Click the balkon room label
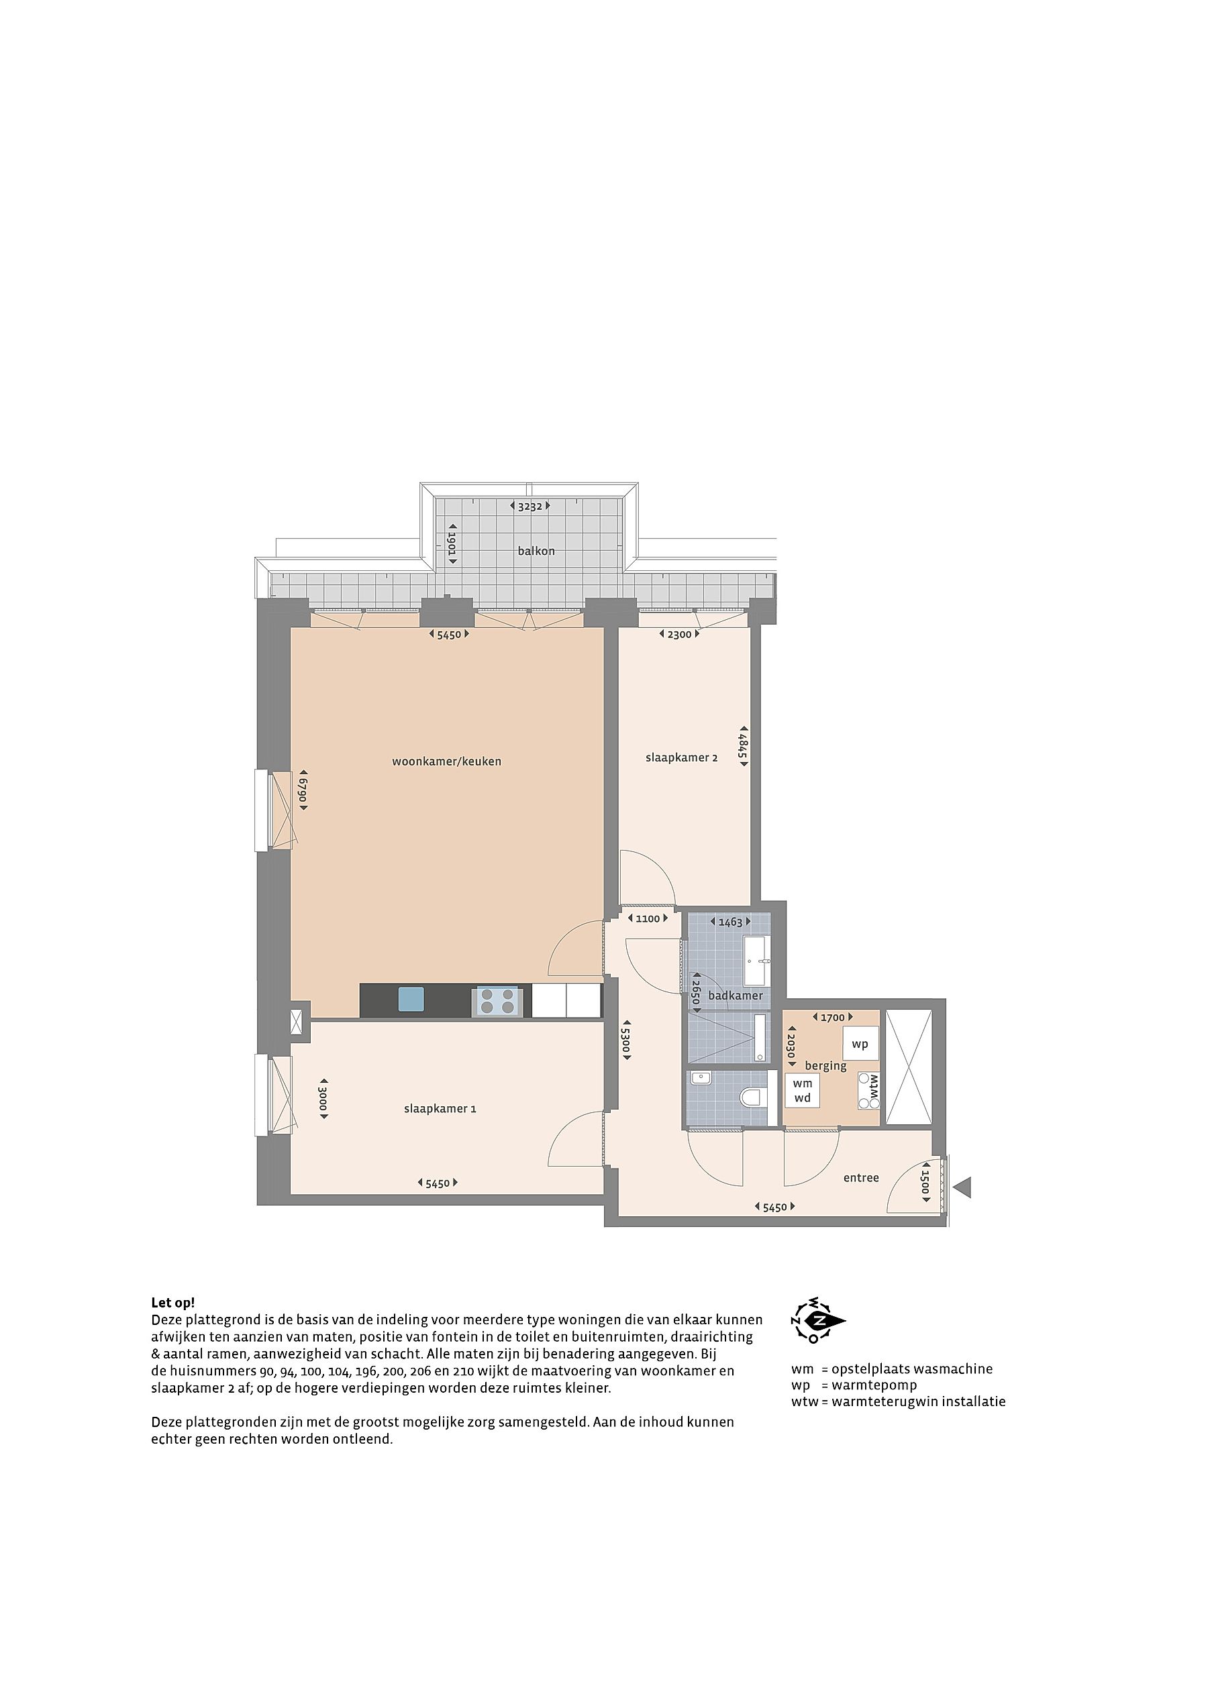(x=536, y=551)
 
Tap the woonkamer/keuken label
(x=446, y=761)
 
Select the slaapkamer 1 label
(x=440, y=1108)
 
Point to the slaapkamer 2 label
(x=681, y=757)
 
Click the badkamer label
(x=736, y=996)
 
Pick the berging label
(x=825, y=1066)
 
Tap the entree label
(x=861, y=1177)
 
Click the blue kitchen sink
(x=411, y=999)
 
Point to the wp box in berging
(x=860, y=1044)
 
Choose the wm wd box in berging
(x=803, y=1091)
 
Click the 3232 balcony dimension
(x=530, y=506)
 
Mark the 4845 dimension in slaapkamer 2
(x=742, y=746)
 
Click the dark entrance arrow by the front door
(x=962, y=1188)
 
